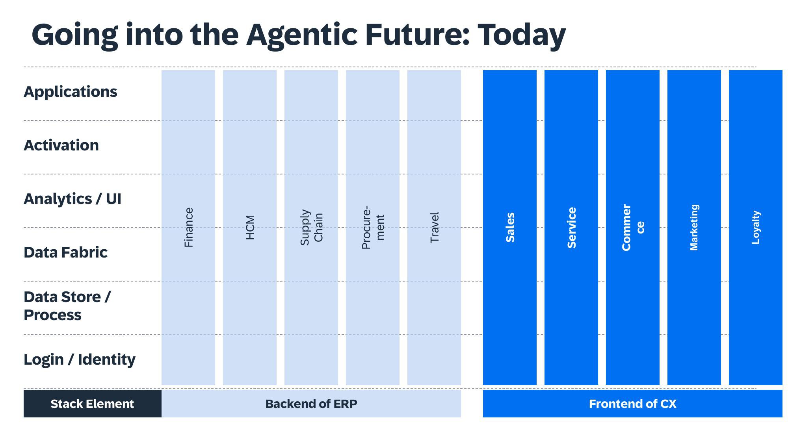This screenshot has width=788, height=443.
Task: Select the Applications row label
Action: [71, 92]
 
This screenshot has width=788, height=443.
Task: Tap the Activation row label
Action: [61, 145]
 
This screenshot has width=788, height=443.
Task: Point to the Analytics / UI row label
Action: [72, 199]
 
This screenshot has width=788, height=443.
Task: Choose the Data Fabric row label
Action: [65, 252]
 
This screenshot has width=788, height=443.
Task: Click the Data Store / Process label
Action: [67, 306]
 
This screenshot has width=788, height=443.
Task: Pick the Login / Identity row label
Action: [80, 360]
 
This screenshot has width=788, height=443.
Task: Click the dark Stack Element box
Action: [92, 404]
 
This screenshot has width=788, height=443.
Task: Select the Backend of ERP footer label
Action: [311, 404]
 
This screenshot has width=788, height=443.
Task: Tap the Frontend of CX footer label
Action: [632, 404]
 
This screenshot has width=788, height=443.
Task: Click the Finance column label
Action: [189, 228]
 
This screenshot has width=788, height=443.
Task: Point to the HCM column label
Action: [250, 228]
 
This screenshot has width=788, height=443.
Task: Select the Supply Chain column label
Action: [311, 228]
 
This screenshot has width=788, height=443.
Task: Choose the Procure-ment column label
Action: [373, 228]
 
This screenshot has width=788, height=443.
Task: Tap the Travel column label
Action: [434, 228]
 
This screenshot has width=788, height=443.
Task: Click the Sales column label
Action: [510, 228]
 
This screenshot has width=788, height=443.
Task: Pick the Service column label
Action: [572, 228]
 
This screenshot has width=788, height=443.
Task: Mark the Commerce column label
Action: [633, 228]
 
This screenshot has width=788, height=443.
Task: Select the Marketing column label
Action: [694, 228]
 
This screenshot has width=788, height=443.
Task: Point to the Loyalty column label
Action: [756, 228]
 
